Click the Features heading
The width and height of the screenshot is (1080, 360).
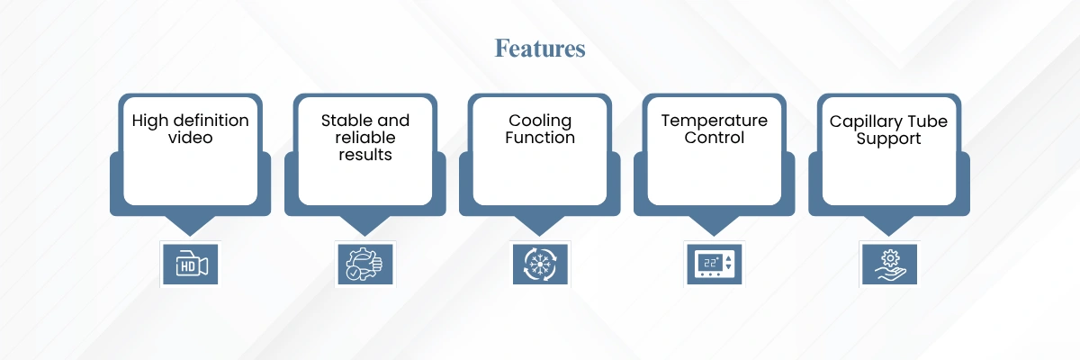[x=539, y=49]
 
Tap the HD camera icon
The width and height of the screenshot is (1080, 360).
[x=191, y=264]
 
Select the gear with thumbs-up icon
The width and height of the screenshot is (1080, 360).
[x=365, y=264]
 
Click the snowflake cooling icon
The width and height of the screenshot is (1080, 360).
[x=540, y=264]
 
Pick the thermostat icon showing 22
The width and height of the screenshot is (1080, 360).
[x=714, y=264]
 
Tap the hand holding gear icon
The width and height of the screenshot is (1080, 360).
[x=889, y=264]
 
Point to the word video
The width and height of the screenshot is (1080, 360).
[x=191, y=138]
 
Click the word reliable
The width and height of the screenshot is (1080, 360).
[x=365, y=138]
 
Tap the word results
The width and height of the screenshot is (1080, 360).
[x=365, y=155]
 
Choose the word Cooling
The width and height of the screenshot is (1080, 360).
[x=540, y=121]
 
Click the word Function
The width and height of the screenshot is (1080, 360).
[x=540, y=138]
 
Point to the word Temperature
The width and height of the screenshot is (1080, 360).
[x=714, y=121]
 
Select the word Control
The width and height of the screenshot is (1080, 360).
[x=714, y=138]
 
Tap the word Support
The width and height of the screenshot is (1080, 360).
[x=888, y=139]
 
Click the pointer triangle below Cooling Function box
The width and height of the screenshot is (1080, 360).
[x=539, y=225]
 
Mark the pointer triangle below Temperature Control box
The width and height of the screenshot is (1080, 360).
[x=714, y=225]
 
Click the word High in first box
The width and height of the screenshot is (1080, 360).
[x=149, y=121]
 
